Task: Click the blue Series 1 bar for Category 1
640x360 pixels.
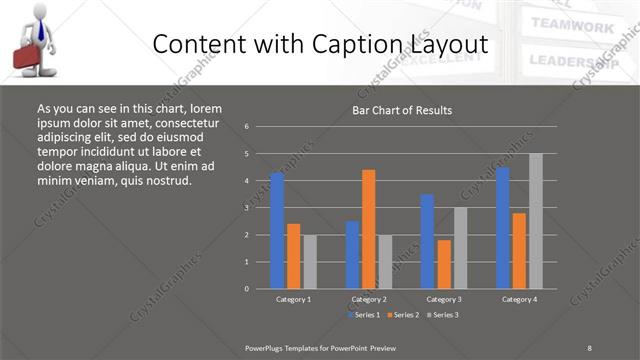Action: coord(277,231)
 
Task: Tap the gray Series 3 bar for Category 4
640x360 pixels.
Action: coord(536,221)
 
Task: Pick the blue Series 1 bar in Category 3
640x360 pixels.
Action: coord(427,241)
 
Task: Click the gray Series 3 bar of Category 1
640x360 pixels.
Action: coord(310,261)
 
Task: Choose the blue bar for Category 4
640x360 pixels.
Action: coord(502,228)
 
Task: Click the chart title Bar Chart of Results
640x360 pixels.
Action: coord(402,110)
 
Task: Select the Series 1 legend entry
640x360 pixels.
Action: coord(363,315)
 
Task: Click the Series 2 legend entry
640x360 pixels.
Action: coord(405,315)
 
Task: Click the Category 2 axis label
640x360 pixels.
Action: coord(369,299)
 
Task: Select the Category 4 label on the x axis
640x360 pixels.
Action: coord(519,299)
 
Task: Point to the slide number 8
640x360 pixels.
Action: coord(589,348)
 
